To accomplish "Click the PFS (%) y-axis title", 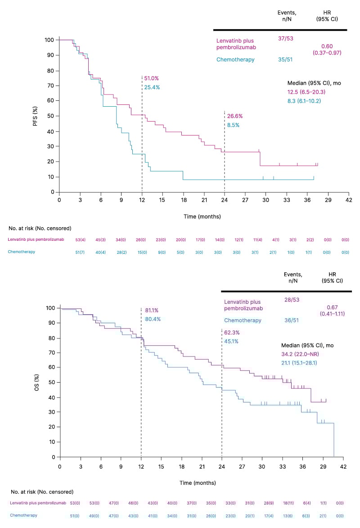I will click(35, 116).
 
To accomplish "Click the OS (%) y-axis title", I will click(36, 383).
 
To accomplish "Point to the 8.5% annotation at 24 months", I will click(233, 125).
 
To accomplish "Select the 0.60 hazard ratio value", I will click(327, 46).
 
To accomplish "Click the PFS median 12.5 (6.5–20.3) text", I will click(306, 92).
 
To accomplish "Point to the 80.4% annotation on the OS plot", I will click(153, 319).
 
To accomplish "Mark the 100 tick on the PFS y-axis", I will click(49, 40).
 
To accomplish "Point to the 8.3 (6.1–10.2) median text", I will click(304, 101).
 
